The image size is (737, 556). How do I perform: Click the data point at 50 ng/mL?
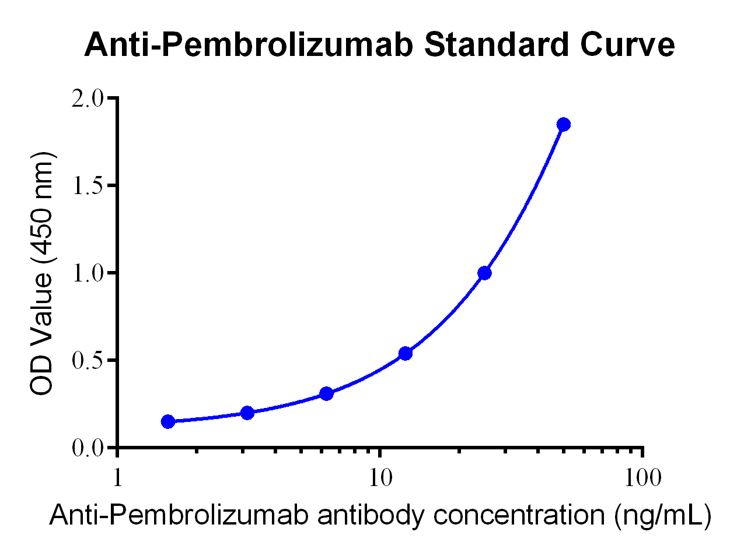[x=563, y=124]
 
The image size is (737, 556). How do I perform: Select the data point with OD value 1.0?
[x=484, y=273]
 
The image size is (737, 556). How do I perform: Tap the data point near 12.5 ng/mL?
[x=406, y=353]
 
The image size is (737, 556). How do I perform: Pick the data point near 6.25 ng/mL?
[x=327, y=393]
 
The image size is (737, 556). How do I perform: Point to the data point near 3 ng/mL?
[x=247, y=413]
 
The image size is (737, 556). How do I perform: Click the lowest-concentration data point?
[x=168, y=421]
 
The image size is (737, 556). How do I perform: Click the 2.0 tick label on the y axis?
[x=88, y=98]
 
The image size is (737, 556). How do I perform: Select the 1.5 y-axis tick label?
[x=88, y=186]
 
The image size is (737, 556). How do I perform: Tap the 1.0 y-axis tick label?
[x=88, y=273]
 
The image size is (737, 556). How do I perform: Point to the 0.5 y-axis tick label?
[x=88, y=361]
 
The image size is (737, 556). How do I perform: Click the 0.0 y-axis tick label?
[x=88, y=448]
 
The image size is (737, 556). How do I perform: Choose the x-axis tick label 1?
[x=118, y=478]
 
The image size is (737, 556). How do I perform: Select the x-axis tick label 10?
[x=380, y=478]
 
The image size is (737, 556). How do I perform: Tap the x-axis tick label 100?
[x=642, y=478]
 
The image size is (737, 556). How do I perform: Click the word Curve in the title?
[x=627, y=45]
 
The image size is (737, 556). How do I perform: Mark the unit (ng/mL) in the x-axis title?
[x=662, y=515]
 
